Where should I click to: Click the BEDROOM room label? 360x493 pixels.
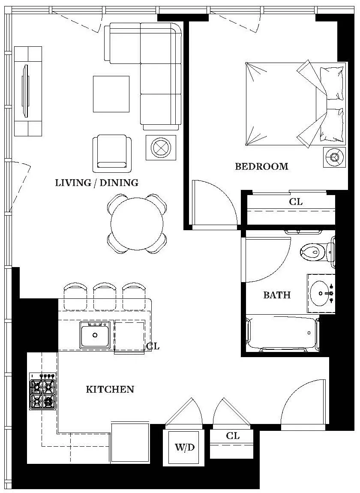point(261,167)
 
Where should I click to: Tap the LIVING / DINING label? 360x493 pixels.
point(96,183)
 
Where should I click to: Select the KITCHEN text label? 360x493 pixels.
point(110,389)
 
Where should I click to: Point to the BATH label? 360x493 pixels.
point(276,295)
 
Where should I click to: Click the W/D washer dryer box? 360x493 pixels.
point(185,448)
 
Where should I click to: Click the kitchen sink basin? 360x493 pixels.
point(95,335)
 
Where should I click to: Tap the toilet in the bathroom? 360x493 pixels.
point(315,250)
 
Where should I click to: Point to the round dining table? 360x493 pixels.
point(137,223)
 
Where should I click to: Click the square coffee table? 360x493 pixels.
point(111,94)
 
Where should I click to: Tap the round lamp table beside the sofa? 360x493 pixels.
point(161,147)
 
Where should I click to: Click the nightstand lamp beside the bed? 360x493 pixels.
point(334,156)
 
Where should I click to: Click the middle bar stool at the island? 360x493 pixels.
point(105,296)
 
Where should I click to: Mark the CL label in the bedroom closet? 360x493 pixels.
point(296,201)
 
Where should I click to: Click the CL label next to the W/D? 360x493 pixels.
point(233,436)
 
